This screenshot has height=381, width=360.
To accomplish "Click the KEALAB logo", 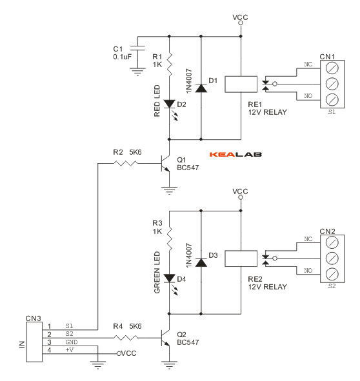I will pyautogui.click(x=236, y=155).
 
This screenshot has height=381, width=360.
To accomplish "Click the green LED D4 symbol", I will pyautogui.click(x=168, y=278).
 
